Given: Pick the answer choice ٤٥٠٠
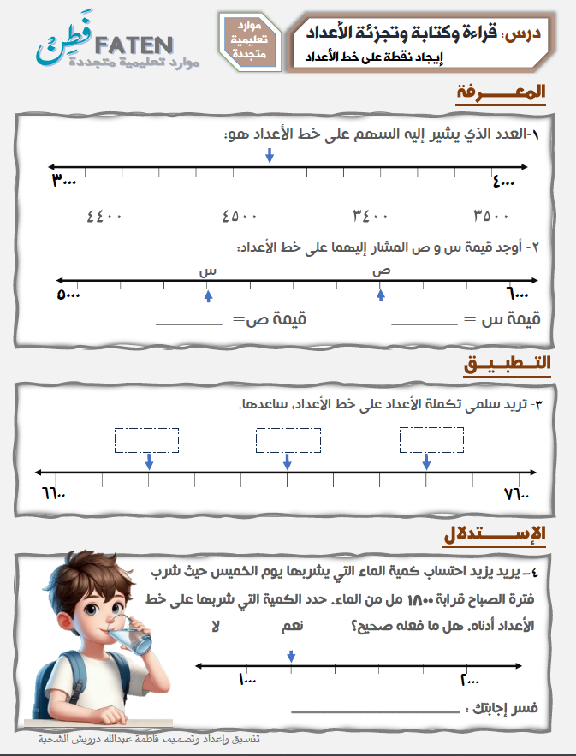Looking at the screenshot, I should pos(240,216).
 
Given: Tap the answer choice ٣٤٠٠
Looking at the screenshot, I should pos(372,216).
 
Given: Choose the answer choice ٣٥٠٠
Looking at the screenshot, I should pos(491,216).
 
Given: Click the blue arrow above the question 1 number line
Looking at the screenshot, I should pos(270,155).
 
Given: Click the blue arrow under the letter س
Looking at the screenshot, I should pos(207,295).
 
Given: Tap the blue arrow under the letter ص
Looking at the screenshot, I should pos(381,295).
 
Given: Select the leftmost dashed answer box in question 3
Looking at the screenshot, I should pos(146,440).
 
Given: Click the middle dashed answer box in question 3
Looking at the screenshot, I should pos(288,440).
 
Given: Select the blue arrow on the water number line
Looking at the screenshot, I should pos(292,656).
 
